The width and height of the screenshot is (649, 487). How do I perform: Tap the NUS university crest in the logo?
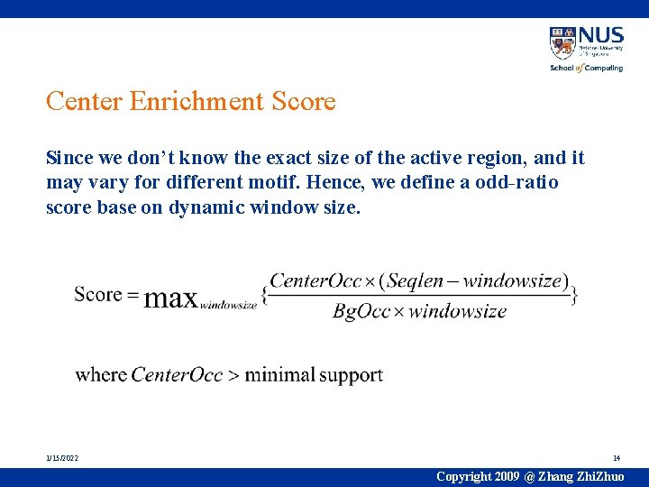click(562, 42)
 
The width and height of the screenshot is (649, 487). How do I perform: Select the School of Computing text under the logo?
click(586, 68)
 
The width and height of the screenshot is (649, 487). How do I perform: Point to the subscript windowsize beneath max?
click(228, 305)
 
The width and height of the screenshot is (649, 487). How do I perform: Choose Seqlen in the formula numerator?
click(421, 280)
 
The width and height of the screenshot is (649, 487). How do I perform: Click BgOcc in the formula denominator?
click(359, 312)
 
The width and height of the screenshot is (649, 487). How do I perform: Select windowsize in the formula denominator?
click(461, 312)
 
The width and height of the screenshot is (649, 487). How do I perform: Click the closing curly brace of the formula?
click(574, 294)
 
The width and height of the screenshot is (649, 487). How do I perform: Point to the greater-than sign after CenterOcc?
click(233, 374)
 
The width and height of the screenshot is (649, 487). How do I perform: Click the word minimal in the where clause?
click(279, 374)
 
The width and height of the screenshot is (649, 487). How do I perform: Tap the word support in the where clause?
click(351, 375)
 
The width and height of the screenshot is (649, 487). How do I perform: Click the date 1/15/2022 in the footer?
click(62, 458)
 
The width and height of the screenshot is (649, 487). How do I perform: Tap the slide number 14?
click(617, 458)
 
